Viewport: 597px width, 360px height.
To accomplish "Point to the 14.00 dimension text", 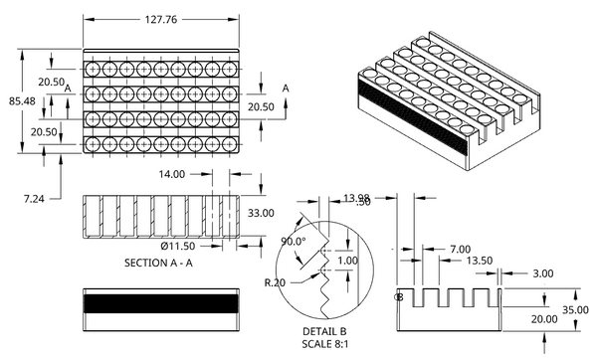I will pos(171,174).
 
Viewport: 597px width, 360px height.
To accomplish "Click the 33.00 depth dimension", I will pos(261,213).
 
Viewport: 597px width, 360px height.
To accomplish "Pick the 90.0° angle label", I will pos(293,242).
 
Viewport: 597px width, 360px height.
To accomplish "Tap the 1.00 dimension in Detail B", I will pos(346,260).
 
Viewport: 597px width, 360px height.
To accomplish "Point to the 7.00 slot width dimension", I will pos(460,249).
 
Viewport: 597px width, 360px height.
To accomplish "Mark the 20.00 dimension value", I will pos(543,319).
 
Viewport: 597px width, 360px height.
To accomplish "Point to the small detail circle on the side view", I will pos(398,297).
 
